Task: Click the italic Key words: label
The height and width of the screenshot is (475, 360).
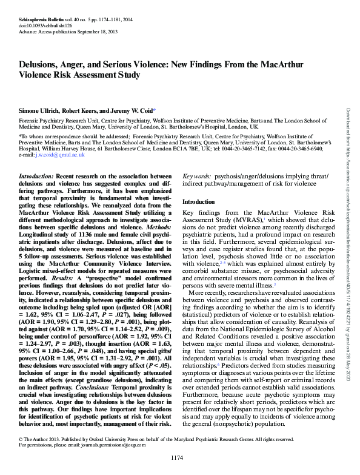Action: (x=198, y=175)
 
